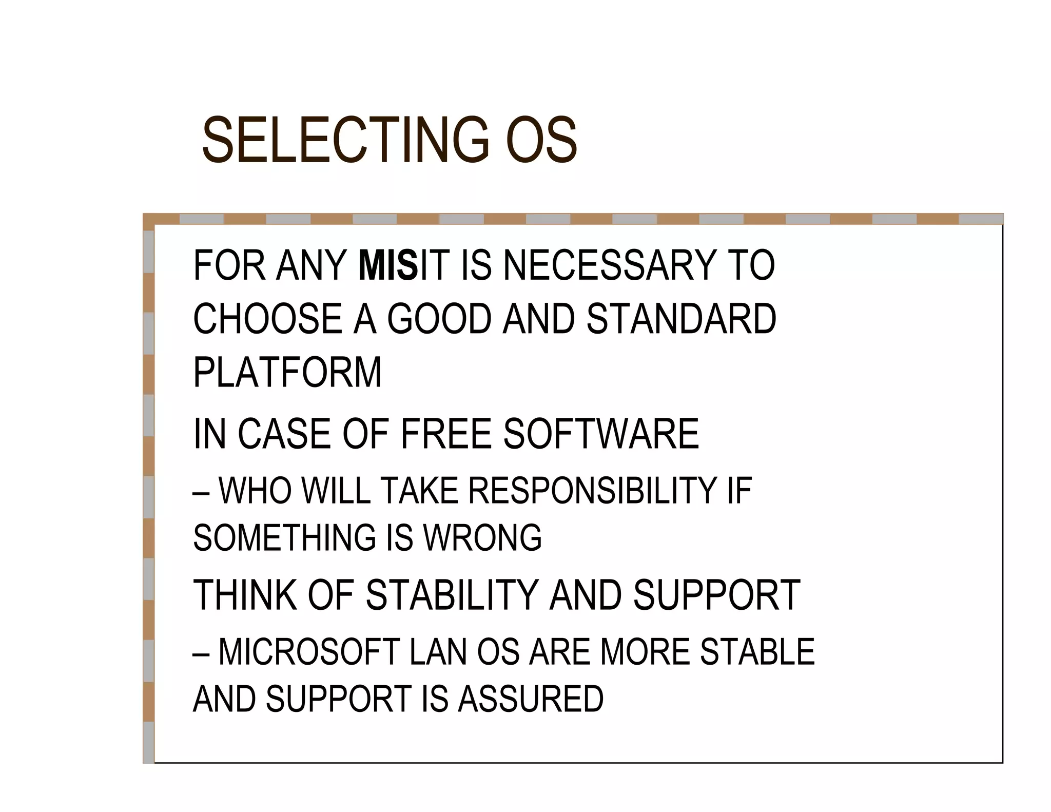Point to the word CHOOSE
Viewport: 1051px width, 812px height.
tap(267, 319)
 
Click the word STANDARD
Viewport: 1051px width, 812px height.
tap(681, 319)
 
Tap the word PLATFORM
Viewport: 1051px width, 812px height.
tap(287, 372)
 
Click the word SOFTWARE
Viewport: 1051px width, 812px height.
tap(601, 434)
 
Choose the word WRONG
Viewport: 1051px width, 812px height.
tap(482, 538)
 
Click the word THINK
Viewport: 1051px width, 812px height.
tap(245, 595)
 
